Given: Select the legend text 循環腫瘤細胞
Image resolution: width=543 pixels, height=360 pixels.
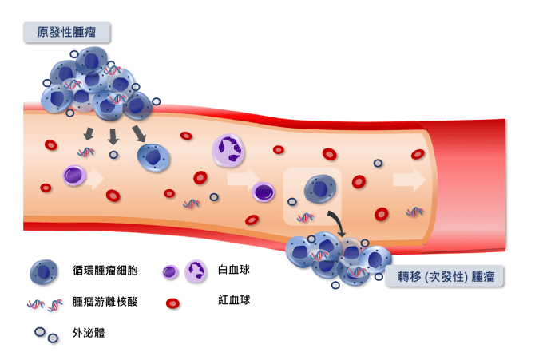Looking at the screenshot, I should [105, 271].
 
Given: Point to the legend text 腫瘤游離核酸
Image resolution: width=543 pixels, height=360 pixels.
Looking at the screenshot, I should [105, 303].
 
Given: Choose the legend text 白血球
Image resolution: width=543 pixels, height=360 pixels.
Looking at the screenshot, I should [234, 271].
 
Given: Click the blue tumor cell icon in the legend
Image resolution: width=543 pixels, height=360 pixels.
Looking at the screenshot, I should [44, 272].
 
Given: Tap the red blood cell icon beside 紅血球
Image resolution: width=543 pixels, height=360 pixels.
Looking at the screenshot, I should [172, 303].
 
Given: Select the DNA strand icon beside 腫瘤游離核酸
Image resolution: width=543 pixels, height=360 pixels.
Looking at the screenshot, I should [44, 304].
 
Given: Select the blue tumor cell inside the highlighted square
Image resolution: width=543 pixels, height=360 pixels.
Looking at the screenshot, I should [319, 189].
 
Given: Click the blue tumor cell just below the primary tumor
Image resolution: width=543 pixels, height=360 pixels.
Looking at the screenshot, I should [153, 157].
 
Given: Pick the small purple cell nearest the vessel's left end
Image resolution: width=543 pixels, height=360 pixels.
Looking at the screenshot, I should [73, 175].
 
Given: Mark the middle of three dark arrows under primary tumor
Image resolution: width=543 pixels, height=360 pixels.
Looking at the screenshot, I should [113, 135].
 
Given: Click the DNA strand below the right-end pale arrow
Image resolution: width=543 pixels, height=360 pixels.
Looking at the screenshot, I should [414, 212].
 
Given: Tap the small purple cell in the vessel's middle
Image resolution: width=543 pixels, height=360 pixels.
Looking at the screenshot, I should [263, 191].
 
